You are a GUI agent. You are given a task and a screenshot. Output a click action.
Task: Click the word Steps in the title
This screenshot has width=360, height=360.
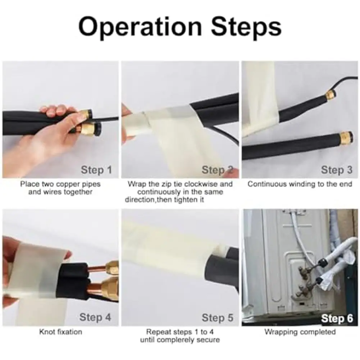pyautogui.click(x=246, y=27)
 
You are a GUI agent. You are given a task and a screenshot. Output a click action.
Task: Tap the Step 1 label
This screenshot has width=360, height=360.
pyautogui.click(x=96, y=170)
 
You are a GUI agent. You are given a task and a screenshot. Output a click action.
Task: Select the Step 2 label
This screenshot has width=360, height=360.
pyautogui.click(x=217, y=170)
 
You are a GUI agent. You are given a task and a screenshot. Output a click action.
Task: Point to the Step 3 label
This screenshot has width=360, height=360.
pyautogui.click(x=337, y=170)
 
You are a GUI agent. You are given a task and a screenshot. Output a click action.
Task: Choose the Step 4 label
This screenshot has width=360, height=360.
pyautogui.click(x=95, y=317)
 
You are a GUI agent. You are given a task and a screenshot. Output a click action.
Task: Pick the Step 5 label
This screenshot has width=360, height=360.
pyautogui.click(x=218, y=318)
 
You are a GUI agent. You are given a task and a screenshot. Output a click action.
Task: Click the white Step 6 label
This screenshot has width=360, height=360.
pyautogui.click(x=337, y=318)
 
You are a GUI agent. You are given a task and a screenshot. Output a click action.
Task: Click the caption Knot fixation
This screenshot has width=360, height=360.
pyautogui.click(x=61, y=332)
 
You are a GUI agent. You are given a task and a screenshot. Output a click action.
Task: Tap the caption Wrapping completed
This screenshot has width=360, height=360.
pyautogui.click(x=300, y=332)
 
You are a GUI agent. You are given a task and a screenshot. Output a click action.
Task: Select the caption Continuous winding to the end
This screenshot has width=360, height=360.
pyautogui.click(x=300, y=184)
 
